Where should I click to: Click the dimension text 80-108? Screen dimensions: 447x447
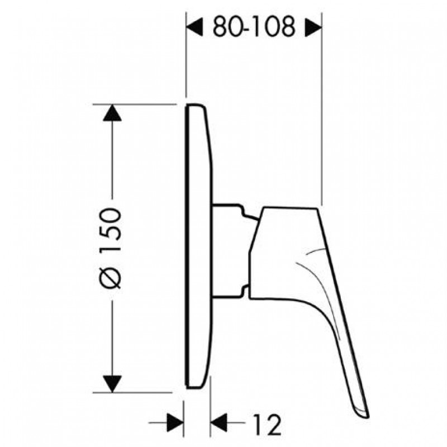click(254, 27)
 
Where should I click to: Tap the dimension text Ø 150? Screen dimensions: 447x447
click(111, 249)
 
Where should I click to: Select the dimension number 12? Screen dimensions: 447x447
click(267, 425)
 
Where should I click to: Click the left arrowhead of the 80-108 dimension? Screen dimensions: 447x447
click(194, 27)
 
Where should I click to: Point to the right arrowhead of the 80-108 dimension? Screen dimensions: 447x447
click(313, 27)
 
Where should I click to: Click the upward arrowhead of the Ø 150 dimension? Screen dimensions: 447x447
click(112, 113)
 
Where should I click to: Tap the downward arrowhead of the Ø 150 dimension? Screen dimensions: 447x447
click(112, 384)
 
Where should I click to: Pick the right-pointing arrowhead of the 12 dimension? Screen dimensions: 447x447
click(175, 422)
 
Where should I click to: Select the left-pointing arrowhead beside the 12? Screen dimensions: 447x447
click(218, 422)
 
